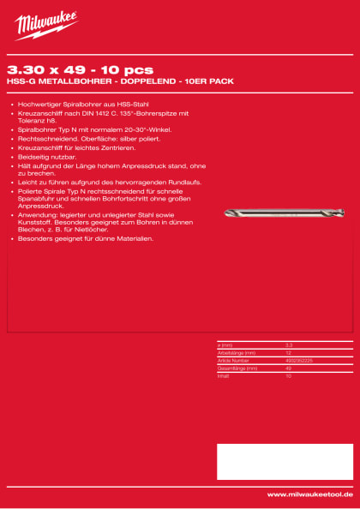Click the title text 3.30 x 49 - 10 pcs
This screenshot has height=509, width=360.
80,69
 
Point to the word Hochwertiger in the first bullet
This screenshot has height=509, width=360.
39,103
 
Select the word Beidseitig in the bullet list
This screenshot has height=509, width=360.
33,159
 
